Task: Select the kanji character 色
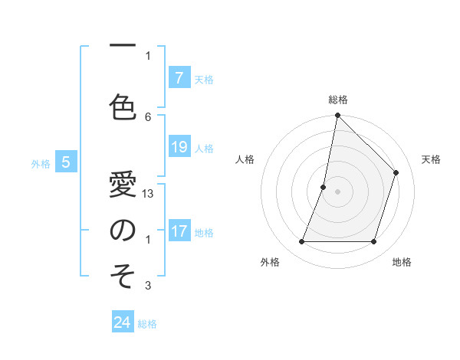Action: (x=122, y=107)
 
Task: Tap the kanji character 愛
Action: (x=122, y=185)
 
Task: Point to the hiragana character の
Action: (x=122, y=231)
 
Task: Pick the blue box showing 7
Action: (x=179, y=78)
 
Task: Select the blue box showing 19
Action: (x=179, y=147)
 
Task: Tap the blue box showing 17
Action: (x=179, y=231)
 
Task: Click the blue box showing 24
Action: (x=123, y=322)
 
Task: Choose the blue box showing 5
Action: (x=67, y=162)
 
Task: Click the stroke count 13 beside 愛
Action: (x=148, y=194)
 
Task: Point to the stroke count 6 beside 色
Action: (x=148, y=116)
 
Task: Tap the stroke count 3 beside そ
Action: (x=148, y=286)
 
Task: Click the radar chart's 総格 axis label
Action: (x=337, y=100)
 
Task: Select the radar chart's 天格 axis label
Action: (x=431, y=159)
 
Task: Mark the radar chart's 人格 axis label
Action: (x=245, y=159)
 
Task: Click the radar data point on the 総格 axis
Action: (x=337, y=116)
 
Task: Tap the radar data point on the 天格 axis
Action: (x=396, y=172)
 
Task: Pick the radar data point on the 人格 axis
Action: (x=324, y=187)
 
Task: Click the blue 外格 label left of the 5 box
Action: (x=41, y=163)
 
